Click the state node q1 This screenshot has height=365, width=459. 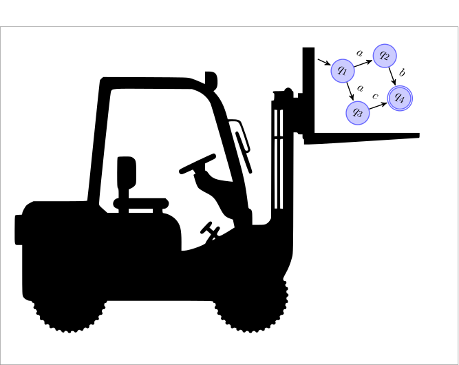pyautogui.click(x=343, y=71)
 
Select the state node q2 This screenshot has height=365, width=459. pyautogui.click(x=385, y=56)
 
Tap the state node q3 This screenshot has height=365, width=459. pyautogui.click(x=358, y=113)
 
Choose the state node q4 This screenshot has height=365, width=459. pyautogui.click(x=400, y=98)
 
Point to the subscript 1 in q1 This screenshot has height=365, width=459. pyautogui.click(x=345, y=72)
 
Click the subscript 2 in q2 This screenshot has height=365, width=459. pyautogui.click(x=387, y=57)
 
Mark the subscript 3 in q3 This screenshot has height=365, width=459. pyautogui.click(x=361, y=114)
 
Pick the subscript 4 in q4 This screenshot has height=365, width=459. pyautogui.click(x=403, y=100)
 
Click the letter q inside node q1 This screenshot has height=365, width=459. pyautogui.click(x=340, y=70)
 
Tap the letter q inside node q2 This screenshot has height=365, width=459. pyautogui.click(x=382, y=54)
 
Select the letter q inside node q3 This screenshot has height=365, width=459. pyautogui.click(x=355, y=112)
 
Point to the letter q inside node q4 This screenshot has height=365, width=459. pyautogui.click(x=397, y=97)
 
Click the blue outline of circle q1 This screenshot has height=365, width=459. pyautogui.click(x=343, y=59)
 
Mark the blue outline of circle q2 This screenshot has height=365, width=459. pyautogui.click(x=385, y=44)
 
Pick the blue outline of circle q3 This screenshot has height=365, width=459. pyautogui.click(x=358, y=101)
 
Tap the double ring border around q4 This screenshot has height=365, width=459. pyautogui.click(x=400, y=86)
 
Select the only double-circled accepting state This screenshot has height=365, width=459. pyautogui.click(x=400, y=98)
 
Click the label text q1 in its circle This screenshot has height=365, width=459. pyautogui.click(x=343, y=71)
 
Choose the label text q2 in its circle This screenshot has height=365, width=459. pyautogui.click(x=385, y=56)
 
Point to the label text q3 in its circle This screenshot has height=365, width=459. pyautogui.click(x=358, y=113)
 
